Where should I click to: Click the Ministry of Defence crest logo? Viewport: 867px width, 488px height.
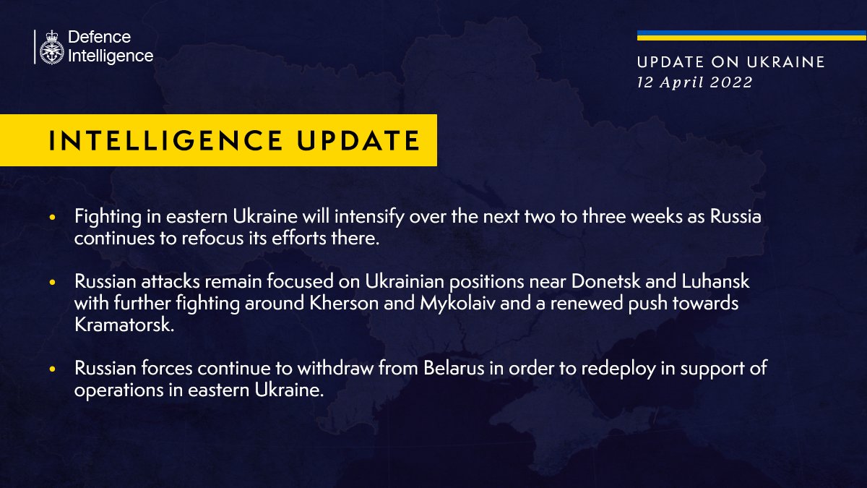[x=51, y=47]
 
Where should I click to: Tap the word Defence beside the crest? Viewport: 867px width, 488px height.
[x=100, y=37]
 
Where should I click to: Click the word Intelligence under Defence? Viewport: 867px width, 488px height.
[x=111, y=56]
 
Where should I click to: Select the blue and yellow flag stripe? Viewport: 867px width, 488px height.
[x=751, y=35]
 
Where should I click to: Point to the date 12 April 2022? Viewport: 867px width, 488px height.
[x=695, y=82]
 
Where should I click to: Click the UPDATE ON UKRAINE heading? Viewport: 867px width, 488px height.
[x=731, y=62]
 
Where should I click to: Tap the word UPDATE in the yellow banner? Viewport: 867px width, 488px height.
[x=358, y=140]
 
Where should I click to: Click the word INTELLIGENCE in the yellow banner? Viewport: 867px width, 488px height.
[x=165, y=140]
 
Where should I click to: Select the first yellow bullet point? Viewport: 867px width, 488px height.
[x=52, y=218]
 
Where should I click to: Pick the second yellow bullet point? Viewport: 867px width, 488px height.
[x=52, y=283]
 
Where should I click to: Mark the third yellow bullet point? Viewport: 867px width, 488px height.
[x=52, y=369]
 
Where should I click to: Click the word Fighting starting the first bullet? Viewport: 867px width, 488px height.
[x=108, y=217]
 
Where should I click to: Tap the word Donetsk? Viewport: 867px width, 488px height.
[x=605, y=281]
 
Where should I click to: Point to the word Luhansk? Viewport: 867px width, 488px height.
[x=715, y=281]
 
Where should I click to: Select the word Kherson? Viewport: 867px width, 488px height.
[x=344, y=303]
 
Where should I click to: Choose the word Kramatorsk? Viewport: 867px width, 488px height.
[x=124, y=325]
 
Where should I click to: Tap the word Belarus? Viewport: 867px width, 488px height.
[x=454, y=368]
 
